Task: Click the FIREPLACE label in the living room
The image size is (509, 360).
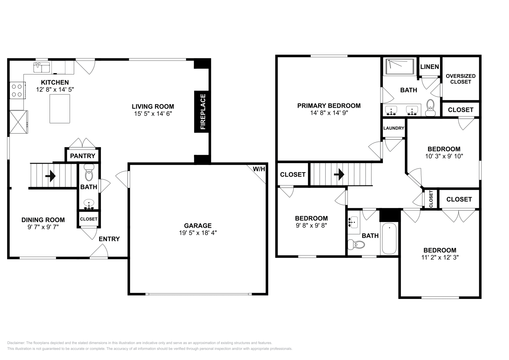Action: click(203, 112)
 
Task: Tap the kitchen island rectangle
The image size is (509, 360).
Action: click(60, 109)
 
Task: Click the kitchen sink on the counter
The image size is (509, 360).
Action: click(42, 67)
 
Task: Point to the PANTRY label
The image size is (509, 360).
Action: click(83, 156)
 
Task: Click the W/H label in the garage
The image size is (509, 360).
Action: click(259, 169)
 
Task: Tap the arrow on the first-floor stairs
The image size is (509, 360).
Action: click(51, 176)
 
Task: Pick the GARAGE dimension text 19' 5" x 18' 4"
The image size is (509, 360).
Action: click(198, 233)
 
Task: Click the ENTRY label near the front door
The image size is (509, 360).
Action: click(109, 239)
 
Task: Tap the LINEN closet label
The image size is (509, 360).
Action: click(429, 67)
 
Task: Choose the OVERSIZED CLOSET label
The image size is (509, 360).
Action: click(460, 79)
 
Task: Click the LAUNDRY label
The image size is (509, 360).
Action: click(394, 128)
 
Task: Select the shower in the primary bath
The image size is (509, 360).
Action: click(400, 67)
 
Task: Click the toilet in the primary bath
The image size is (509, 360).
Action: click(430, 108)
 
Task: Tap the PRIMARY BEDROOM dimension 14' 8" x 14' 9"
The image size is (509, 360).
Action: click(329, 113)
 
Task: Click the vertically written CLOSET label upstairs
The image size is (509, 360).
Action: click(431, 199)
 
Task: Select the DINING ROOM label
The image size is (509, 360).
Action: click(43, 220)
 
